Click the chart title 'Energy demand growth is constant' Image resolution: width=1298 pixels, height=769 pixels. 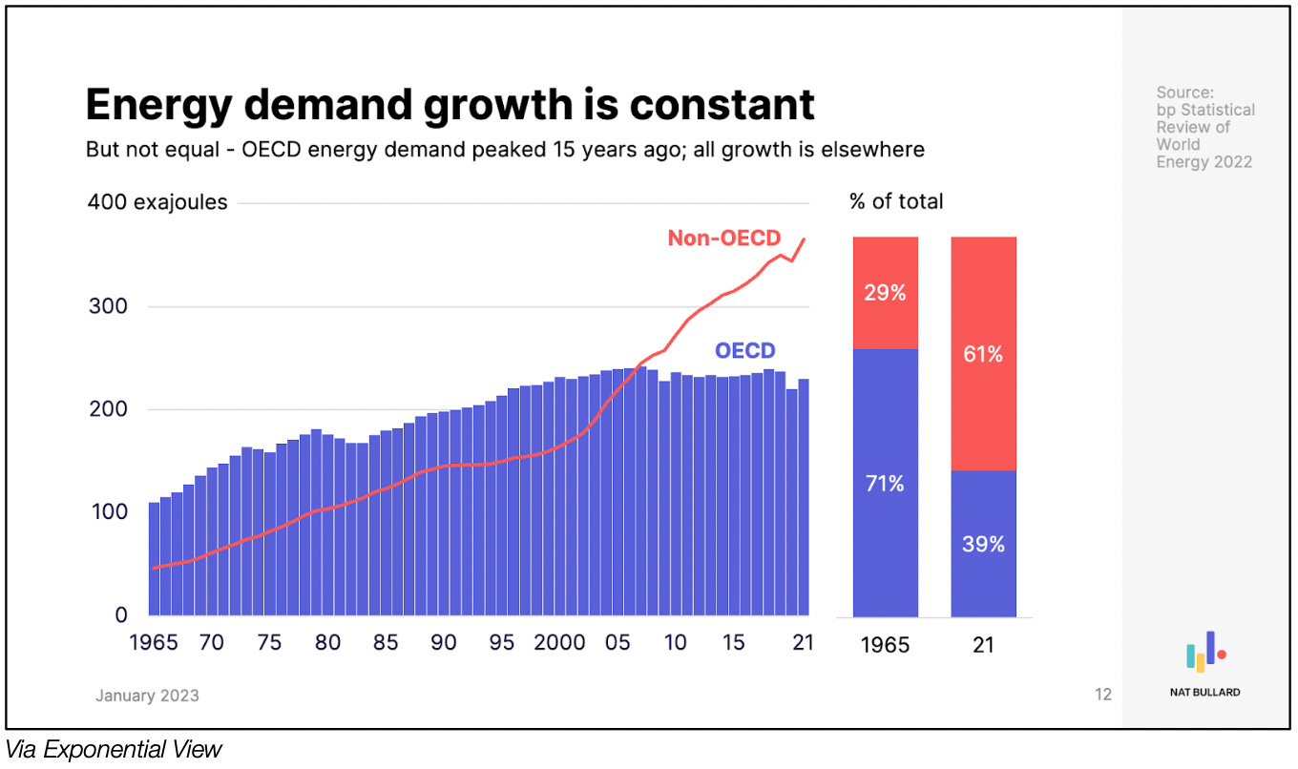(x=450, y=105)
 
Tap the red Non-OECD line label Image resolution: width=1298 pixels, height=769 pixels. (x=723, y=238)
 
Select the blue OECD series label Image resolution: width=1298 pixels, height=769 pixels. (x=745, y=350)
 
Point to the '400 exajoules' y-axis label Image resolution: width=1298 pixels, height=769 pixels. (x=157, y=202)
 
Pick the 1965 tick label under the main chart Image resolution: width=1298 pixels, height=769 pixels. (x=154, y=642)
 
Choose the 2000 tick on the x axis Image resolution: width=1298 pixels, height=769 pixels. (x=559, y=642)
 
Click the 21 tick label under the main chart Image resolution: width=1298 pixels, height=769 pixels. (x=803, y=642)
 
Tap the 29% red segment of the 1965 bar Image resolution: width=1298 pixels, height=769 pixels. (x=885, y=293)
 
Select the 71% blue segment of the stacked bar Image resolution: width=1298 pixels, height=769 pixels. (x=885, y=484)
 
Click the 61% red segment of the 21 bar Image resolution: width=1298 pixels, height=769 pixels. (x=983, y=354)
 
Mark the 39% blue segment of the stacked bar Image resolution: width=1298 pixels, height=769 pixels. (x=983, y=544)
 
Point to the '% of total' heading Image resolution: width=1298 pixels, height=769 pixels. (x=895, y=201)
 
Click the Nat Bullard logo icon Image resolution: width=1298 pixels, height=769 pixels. (x=1205, y=652)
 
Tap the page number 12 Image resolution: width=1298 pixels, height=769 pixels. (x=1103, y=695)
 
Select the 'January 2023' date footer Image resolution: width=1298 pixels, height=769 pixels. (x=147, y=695)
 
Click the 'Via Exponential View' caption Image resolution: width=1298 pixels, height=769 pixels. (x=114, y=750)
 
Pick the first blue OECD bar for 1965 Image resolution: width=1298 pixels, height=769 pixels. (x=154, y=559)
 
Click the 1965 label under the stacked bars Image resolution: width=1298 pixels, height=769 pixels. (x=885, y=645)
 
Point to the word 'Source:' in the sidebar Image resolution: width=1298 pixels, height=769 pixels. (x=1184, y=93)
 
